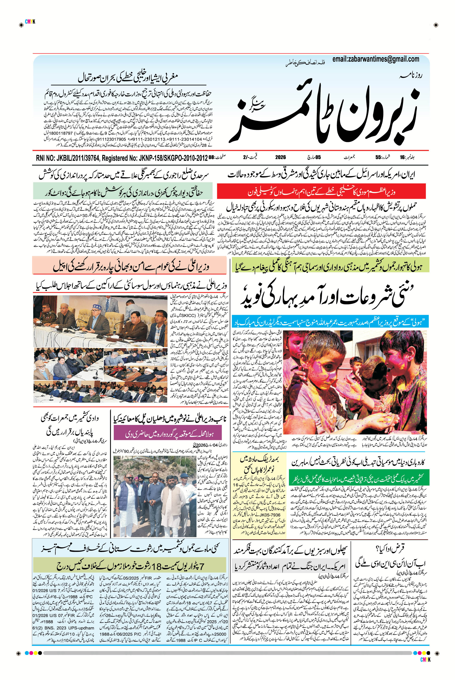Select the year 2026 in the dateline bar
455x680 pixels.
[x=280, y=157]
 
